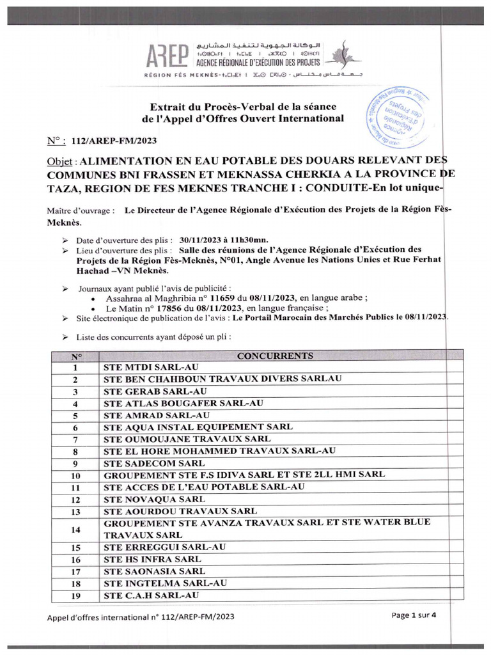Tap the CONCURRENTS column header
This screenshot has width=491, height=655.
coord(275,356)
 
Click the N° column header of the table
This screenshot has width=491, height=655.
coord(76,356)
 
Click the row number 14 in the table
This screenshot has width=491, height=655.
coord(76,528)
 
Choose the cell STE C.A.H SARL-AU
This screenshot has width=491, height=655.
coord(151,596)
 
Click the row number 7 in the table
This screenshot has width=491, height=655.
coord(76,439)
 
